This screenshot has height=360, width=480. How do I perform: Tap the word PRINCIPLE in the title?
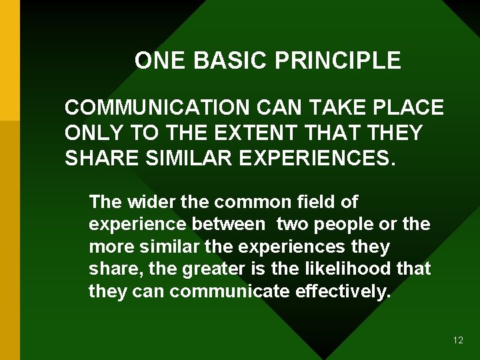click(338, 61)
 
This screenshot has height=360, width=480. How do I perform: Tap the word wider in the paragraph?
click(151, 201)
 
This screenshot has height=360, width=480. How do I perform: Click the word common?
click(244, 201)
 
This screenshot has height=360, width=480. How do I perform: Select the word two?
click(293, 224)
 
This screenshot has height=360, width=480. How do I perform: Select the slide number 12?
click(458, 340)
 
